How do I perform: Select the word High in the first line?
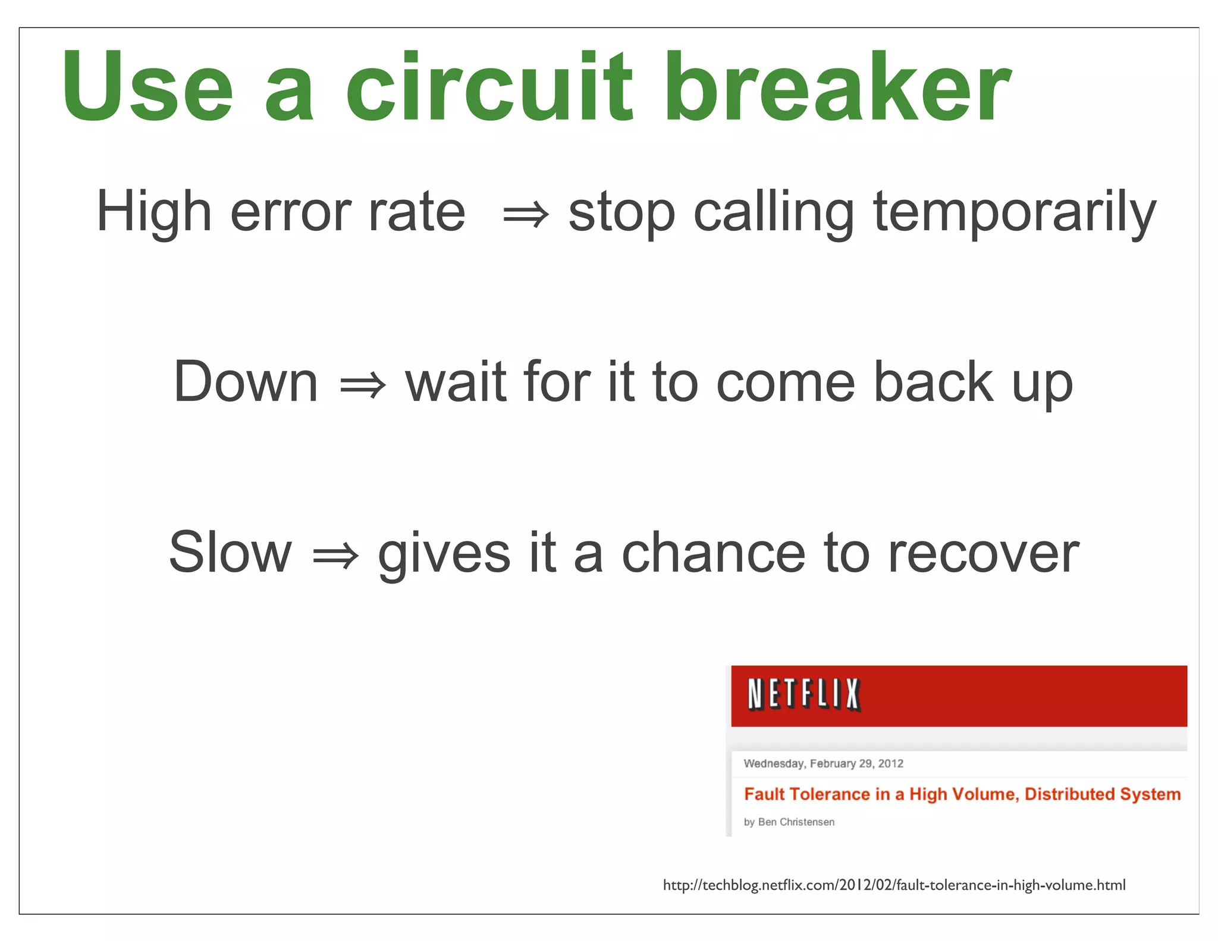point(154,211)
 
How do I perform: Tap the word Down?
point(246,382)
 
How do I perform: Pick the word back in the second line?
point(933,382)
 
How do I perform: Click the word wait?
point(456,382)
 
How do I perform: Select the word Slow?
point(230,553)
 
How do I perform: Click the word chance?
point(713,553)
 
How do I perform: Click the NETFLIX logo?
point(803,695)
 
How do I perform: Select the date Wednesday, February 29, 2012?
point(823,763)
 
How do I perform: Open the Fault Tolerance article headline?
point(962,794)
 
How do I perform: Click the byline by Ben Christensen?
point(789,821)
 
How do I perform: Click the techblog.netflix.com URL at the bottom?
point(894,885)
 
